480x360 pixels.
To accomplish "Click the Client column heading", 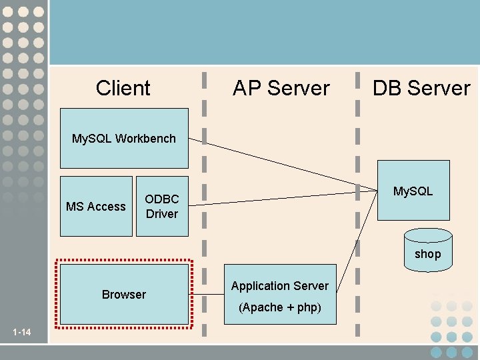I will click(123, 88).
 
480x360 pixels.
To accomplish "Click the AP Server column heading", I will click(281, 88).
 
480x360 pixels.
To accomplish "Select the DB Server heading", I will click(421, 88).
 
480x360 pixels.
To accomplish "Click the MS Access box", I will click(96, 207).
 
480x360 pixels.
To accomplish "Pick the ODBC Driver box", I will click(162, 207).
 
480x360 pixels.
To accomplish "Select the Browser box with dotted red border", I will click(124, 294).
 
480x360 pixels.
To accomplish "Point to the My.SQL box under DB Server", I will click(413, 191).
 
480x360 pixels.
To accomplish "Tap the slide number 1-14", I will click(22, 332).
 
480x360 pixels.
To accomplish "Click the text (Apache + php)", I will click(280, 307).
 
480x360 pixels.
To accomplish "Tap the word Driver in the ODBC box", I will click(162, 214).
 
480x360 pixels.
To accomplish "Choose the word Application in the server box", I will click(260, 286).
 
